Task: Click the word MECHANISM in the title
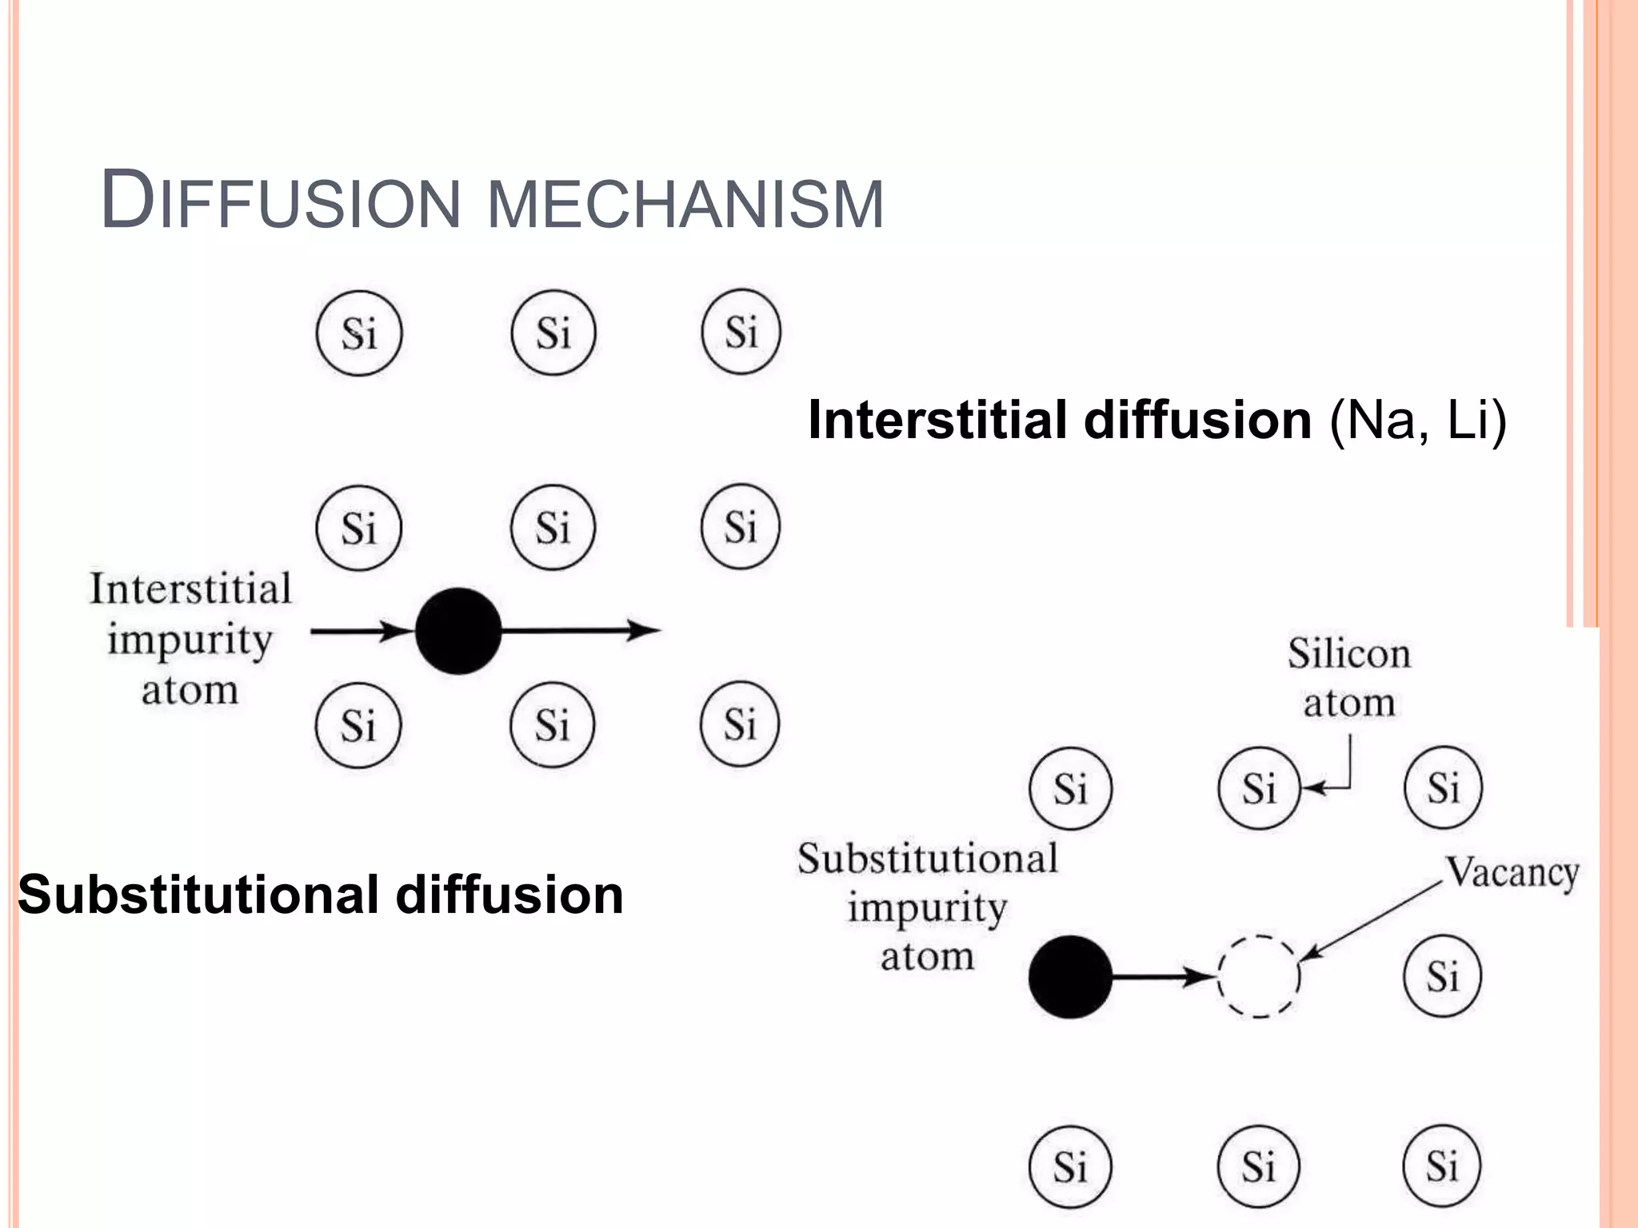coord(685,205)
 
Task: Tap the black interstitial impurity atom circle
coord(458,631)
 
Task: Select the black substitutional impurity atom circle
coord(1070,976)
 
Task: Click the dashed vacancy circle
coord(1259,976)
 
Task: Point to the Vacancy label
coord(1512,872)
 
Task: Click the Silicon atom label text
coord(1349,678)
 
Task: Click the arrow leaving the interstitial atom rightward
coord(580,631)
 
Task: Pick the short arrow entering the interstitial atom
coord(360,632)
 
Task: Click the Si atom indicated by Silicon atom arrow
coord(1259,788)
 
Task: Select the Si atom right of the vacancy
coord(1443,976)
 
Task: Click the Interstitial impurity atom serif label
coord(190,639)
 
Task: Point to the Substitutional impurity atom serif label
coord(928,907)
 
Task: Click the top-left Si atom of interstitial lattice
coord(359,333)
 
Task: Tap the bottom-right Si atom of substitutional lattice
coord(1442,1166)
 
